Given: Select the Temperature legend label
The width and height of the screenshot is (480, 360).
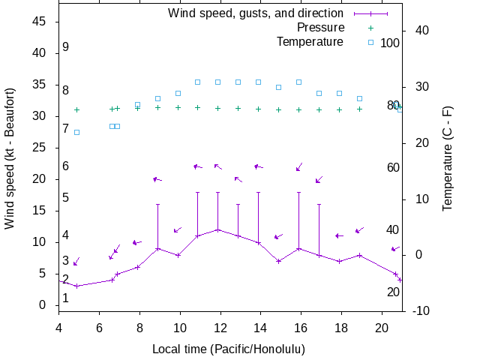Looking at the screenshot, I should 310,42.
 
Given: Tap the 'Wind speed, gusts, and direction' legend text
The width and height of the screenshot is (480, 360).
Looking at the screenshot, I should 255,13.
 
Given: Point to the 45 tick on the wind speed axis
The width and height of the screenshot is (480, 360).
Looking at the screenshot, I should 40,22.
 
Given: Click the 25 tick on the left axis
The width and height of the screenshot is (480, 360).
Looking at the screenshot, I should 40,148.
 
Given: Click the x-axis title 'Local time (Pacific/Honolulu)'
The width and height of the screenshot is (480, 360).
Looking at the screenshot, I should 228,349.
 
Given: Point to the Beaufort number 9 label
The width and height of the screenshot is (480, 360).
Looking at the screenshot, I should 66,47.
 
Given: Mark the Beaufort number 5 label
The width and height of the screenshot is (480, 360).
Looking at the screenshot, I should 66,198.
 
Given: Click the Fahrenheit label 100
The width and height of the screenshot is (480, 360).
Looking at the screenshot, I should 390,43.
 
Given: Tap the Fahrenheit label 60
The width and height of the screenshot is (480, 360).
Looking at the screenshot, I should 393,167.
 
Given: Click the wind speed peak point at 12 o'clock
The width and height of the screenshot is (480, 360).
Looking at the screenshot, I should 218,229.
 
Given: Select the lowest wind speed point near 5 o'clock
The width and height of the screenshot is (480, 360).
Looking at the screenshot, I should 76,286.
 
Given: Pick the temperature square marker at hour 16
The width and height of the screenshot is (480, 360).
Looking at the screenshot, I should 298,82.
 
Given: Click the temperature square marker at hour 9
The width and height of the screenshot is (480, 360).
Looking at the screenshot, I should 157,98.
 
